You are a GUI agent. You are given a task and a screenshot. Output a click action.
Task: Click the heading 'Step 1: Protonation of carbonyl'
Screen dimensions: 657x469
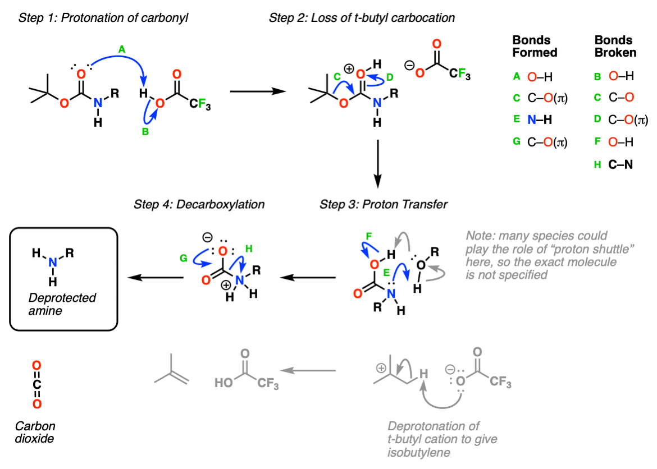pyautogui.click(x=103, y=18)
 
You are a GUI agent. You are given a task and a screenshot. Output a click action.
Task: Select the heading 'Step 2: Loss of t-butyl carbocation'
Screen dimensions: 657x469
pyautogui.click(x=362, y=18)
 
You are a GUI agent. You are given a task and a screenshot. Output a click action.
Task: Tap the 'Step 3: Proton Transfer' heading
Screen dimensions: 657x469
pyautogui.click(x=384, y=204)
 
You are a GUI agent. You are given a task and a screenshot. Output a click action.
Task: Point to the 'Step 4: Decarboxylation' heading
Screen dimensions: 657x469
pyautogui.click(x=199, y=204)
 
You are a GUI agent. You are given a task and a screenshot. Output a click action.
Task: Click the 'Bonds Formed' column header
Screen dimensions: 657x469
pyautogui.click(x=535, y=46)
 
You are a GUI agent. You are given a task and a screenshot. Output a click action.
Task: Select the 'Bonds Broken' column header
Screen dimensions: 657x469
pyautogui.click(x=615, y=46)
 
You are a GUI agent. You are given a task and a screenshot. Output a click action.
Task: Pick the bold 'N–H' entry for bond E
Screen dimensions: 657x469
pyautogui.click(x=539, y=119)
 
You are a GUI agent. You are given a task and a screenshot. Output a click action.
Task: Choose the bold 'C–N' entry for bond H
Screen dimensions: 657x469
pyautogui.click(x=620, y=164)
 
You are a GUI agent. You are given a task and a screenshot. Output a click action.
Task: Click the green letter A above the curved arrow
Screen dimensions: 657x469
pyautogui.click(x=121, y=50)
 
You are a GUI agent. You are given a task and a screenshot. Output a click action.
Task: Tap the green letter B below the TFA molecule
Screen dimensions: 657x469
pyautogui.click(x=145, y=132)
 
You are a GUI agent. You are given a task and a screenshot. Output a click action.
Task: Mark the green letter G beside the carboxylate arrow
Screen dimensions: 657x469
pyautogui.click(x=184, y=259)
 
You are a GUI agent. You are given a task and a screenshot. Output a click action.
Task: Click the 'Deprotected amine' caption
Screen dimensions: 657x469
pyautogui.click(x=62, y=304)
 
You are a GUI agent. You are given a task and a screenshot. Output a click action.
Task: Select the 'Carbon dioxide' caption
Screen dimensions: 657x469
pyautogui.click(x=35, y=432)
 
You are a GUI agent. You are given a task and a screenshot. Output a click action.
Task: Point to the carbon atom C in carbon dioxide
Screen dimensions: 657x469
pyautogui.click(x=37, y=384)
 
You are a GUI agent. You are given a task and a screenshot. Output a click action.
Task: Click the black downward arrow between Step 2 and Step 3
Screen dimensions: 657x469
pyautogui.click(x=377, y=164)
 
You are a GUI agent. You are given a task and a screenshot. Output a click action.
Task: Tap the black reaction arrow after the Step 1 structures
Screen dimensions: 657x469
pyautogui.click(x=258, y=91)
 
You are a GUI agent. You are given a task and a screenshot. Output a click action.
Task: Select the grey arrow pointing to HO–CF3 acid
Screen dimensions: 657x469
pyautogui.click(x=308, y=370)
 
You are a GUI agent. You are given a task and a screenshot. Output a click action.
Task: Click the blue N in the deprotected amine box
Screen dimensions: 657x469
pyautogui.click(x=52, y=263)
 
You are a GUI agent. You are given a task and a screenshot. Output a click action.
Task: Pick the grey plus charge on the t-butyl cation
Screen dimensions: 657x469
pyautogui.click(x=381, y=368)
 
